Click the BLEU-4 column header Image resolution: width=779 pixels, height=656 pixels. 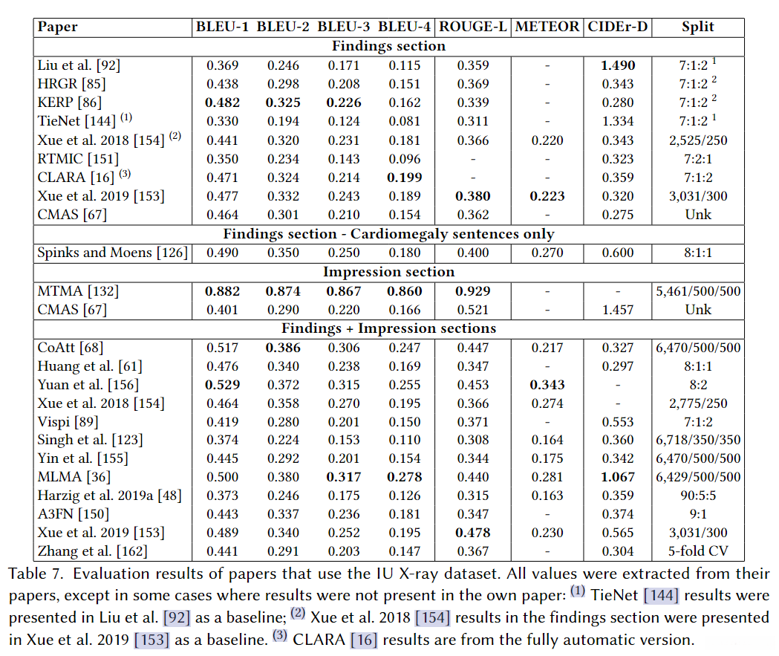404,27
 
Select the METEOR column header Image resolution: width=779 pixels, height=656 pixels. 547,27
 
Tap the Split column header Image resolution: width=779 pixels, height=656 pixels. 697,27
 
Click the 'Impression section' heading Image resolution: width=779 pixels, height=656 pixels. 388,272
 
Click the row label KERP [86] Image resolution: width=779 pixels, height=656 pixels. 70,103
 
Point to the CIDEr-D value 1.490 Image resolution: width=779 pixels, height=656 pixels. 617,65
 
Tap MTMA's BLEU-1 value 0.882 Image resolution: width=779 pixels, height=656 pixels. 222,291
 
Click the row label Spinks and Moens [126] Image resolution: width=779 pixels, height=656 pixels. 111,253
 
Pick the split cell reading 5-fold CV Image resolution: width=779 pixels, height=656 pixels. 697,551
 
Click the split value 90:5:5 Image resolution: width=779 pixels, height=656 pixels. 697,496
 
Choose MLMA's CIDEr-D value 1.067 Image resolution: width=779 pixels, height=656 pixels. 617,477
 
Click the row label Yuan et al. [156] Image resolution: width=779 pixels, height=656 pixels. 88,384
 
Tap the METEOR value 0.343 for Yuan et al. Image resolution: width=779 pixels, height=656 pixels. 547,384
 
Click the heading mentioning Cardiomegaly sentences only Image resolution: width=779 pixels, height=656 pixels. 388,234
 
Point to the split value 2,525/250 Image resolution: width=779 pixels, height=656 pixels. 697,140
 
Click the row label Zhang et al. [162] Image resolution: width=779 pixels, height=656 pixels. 92,551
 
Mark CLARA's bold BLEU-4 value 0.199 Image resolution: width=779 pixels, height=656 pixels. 404,178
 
